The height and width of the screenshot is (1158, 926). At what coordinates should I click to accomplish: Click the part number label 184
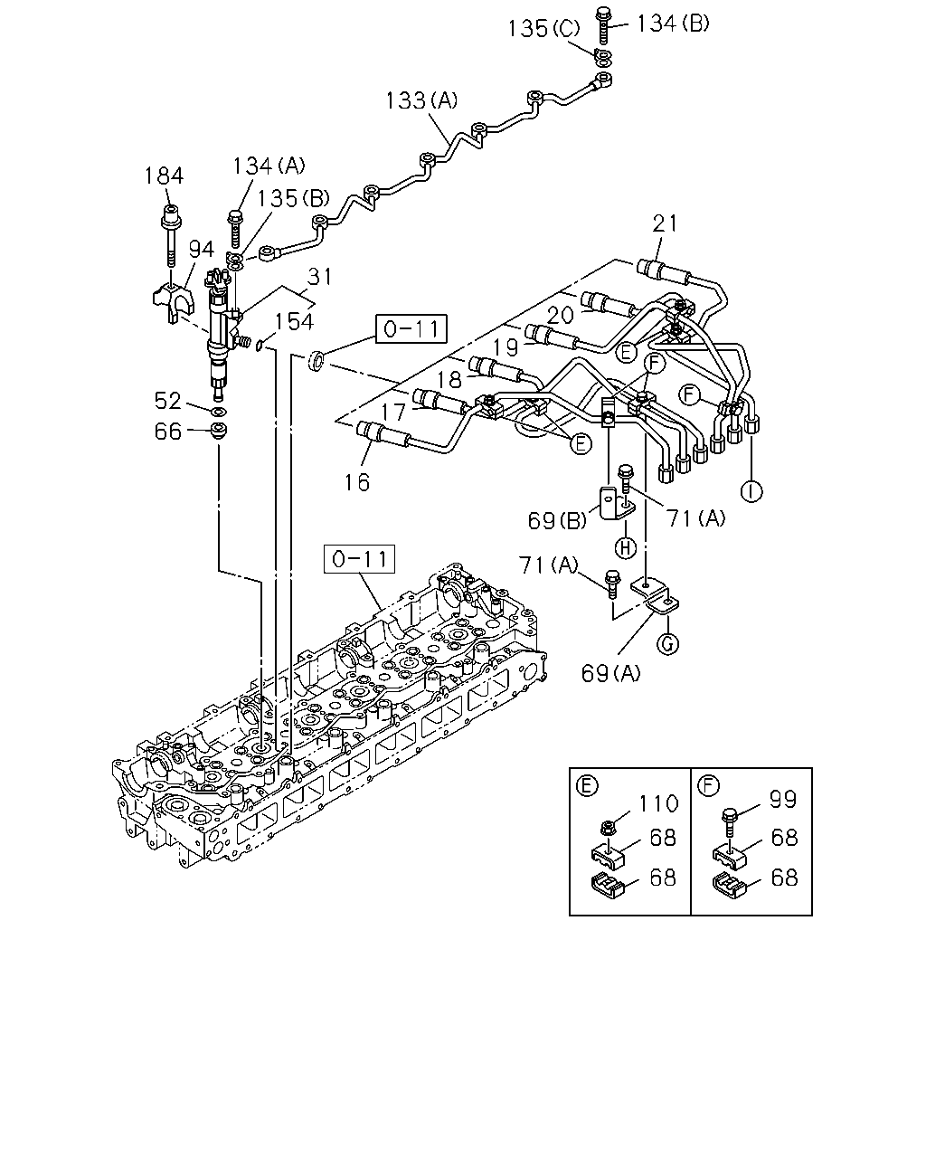pos(164,176)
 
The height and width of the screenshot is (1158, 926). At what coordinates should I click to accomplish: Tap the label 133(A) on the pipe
pos(421,100)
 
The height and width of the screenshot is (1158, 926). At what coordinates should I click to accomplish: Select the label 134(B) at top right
pos(673,24)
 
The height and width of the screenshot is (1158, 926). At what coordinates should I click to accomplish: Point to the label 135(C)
pos(544,29)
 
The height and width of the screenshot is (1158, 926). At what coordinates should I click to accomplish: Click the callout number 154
pos(294,321)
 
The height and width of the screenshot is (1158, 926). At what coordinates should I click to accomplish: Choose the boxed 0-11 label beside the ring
pos(411,328)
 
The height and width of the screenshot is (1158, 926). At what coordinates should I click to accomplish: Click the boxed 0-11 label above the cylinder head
pos(359,559)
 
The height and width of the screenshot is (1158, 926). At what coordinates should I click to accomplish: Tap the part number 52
pos(168,401)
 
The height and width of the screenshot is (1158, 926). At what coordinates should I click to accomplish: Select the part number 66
pos(168,431)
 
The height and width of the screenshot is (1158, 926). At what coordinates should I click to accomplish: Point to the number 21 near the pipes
pos(665,223)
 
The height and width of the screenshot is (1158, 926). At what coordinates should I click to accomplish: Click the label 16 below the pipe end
pos(357,483)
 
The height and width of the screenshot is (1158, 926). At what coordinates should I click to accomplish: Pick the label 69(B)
pos(557,520)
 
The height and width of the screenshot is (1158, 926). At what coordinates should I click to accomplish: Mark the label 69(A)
pos(610,673)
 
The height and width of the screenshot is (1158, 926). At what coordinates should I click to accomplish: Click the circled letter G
pos(668,643)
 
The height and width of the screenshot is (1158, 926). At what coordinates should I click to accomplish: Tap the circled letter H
pos(625,548)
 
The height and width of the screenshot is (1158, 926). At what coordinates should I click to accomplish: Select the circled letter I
pos(751,491)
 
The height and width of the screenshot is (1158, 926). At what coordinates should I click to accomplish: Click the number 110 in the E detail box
pos(658,803)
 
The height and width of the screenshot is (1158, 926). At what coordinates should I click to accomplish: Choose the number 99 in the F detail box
pos(783,799)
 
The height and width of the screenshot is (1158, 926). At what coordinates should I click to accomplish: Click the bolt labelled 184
pos(171,236)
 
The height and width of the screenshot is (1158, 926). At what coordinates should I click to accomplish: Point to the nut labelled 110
pos(608,827)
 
